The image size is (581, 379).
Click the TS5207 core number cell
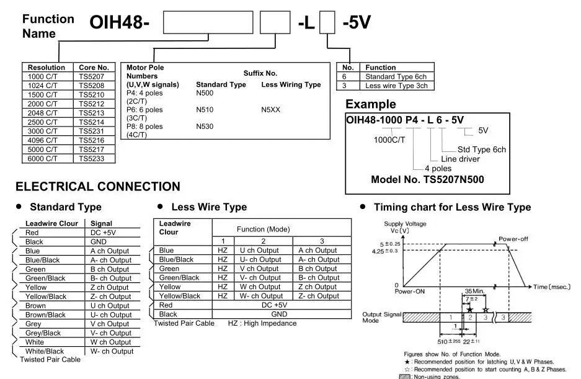click(92, 77)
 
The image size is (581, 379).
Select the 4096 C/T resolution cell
click(43, 141)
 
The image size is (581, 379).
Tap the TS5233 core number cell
click(92, 159)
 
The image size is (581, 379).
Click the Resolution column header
click(47, 68)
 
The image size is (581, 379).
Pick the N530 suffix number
click(205, 127)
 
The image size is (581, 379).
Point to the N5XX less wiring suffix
click(270, 110)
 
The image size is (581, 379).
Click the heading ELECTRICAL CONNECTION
click(98, 186)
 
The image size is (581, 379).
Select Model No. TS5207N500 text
click(428, 179)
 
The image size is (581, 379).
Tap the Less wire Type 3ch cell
click(396, 86)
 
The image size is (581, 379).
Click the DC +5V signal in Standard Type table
click(103, 233)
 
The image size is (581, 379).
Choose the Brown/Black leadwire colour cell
click(45, 315)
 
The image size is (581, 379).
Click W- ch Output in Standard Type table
click(112, 351)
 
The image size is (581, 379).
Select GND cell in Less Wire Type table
click(279, 314)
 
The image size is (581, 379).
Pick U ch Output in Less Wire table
click(259, 251)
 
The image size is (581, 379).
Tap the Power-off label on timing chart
click(513, 239)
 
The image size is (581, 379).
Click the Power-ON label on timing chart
click(410, 292)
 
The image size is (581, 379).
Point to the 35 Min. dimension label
click(474, 291)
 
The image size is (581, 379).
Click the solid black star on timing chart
click(470, 310)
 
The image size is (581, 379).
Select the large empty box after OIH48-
click(208, 22)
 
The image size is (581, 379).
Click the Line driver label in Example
click(460, 159)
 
